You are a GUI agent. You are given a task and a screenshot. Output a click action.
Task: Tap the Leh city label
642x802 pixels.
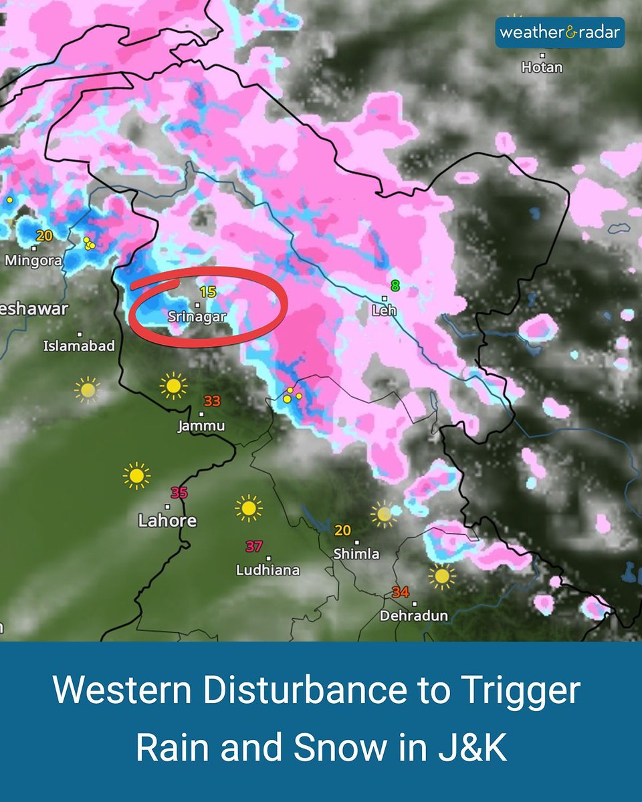tap(385, 310)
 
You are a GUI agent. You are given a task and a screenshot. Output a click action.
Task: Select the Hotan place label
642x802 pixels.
tap(542, 68)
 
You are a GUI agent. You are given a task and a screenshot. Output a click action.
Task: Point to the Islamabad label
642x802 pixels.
tap(79, 346)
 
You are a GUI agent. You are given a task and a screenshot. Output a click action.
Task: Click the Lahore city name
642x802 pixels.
tap(167, 521)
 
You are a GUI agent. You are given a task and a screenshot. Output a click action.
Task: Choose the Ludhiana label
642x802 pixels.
tap(267, 570)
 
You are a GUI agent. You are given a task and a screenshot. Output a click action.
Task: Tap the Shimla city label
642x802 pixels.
tap(356, 554)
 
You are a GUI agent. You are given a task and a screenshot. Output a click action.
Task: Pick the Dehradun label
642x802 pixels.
tap(414, 616)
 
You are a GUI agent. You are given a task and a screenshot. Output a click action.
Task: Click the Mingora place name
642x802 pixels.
tap(33, 261)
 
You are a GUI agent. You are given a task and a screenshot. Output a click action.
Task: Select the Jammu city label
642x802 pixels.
tap(201, 426)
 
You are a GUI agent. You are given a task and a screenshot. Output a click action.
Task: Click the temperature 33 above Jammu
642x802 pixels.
tap(212, 401)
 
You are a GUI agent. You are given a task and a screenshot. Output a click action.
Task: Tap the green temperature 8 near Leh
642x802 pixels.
tap(395, 286)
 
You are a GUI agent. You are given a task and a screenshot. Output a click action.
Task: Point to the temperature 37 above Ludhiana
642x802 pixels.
tap(253, 546)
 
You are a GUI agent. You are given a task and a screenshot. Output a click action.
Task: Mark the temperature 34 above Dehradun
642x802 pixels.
tap(401, 592)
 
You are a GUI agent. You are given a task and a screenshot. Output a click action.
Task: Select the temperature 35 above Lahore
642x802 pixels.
tap(179, 493)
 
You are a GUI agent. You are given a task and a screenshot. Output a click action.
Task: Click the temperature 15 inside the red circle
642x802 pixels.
tap(207, 291)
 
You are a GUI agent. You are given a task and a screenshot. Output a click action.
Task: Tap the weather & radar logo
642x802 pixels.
tap(560, 33)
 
